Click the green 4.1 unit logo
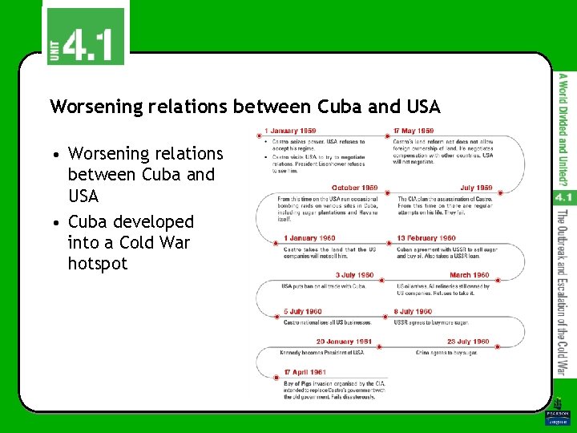point(84,36)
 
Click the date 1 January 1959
point(290,131)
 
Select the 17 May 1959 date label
point(414,131)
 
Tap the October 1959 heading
point(354,188)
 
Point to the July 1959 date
point(476,188)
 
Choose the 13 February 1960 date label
point(426,238)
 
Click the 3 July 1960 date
point(353,275)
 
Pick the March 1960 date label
point(470,275)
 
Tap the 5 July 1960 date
point(302,312)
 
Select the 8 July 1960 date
point(413,312)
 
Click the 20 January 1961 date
point(344,342)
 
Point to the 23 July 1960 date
point(468,342)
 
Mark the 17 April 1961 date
point(305,372)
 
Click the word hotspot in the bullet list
point(98,264)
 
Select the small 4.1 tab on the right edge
point(563,196)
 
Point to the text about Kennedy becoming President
point(323,352)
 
